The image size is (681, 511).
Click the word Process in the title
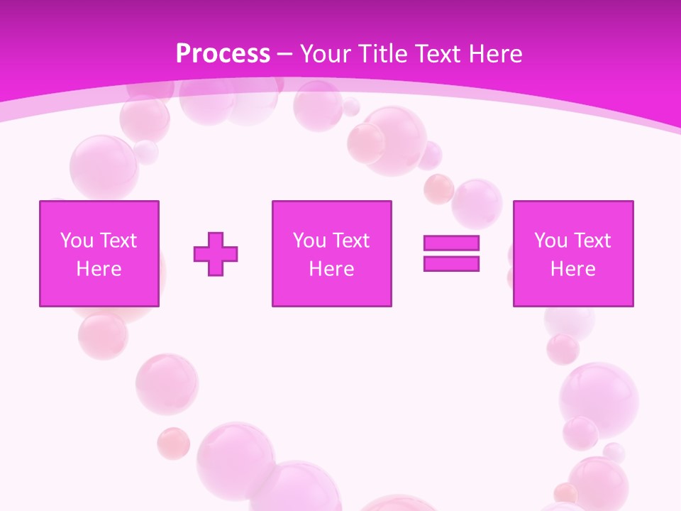click(x=223, y=54)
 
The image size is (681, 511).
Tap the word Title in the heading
click(x=384, y=54)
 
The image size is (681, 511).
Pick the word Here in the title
click(x=497, y=54)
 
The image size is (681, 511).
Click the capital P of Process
click(x=183, y=54)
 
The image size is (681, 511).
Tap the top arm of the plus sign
click(x=216, y=239)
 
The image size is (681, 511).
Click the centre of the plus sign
click(x=216, y=253)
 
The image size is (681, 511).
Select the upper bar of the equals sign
click(x=451, y=243)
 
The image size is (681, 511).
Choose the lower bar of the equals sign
click(x=451, y=263)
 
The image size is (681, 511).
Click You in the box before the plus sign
click(x=76, y=241)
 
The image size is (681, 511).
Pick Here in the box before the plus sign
click(x=99, y=269)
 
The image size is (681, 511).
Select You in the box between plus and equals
click(x=309, y=241)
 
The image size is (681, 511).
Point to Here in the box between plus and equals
click(x=331, y=269)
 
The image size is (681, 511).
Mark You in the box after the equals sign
click(x=550, y=241)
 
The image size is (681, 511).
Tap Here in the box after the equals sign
click(x=572, y=269)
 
